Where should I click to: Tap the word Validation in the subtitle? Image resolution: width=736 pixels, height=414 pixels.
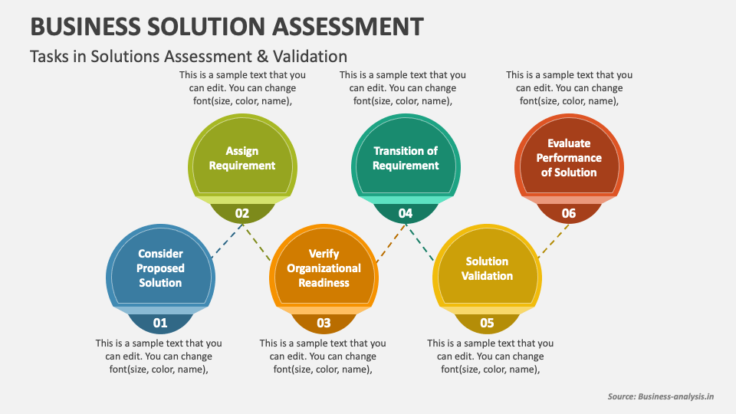[309, 56]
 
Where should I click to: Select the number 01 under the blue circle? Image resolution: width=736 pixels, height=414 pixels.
[159, 323]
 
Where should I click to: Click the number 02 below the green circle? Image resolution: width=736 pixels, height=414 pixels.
[242, 213]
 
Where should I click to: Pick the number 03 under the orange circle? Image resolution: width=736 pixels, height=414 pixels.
[324, 323]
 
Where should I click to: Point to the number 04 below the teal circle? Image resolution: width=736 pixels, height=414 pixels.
[406, 213]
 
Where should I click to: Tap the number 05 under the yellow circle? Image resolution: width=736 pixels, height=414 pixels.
[487, 323]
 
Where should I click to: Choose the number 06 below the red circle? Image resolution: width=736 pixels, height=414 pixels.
[568, 213]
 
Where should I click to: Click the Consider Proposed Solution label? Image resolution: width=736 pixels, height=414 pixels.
[160, 268]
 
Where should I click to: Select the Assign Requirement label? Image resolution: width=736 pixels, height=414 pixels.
[242, 159]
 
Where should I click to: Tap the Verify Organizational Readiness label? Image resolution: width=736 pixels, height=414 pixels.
[324, 268]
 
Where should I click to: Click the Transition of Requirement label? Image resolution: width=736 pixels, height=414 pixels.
[406, 159]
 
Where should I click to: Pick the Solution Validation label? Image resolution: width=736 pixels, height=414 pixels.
[487, 268]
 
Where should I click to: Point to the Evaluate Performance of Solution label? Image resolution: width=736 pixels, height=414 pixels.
[569, 158]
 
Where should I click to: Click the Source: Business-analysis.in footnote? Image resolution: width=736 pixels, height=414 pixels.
[661, 396]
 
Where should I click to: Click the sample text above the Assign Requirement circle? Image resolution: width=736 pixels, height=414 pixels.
[242, 87]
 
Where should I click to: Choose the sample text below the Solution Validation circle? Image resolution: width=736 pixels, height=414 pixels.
[490, 356]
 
